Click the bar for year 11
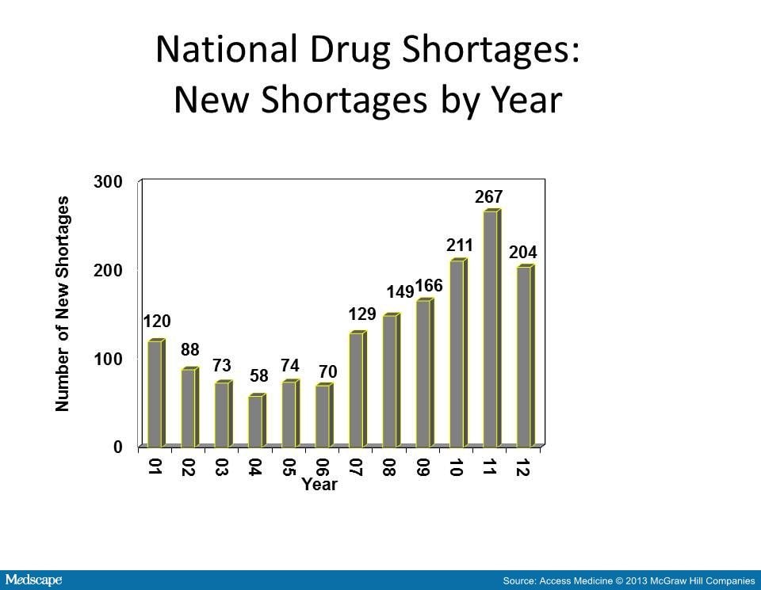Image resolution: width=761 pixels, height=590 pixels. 491,329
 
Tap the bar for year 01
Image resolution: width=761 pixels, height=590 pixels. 155,393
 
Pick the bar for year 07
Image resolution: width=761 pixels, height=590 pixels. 357,389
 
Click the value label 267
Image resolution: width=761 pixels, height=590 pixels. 489,196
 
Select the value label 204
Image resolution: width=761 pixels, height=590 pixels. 523,253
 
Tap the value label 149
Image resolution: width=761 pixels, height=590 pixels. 400,292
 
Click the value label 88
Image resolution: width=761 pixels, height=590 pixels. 189,350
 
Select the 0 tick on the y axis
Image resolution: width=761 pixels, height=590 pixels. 118,447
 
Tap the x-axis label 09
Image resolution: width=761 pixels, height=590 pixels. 423,466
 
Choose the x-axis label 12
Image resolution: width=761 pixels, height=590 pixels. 523,466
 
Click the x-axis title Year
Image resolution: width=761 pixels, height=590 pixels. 319,485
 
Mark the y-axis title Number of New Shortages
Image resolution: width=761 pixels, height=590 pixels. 63,304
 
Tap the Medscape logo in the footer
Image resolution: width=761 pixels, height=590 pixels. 33,580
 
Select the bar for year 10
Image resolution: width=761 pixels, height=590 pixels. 457,353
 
